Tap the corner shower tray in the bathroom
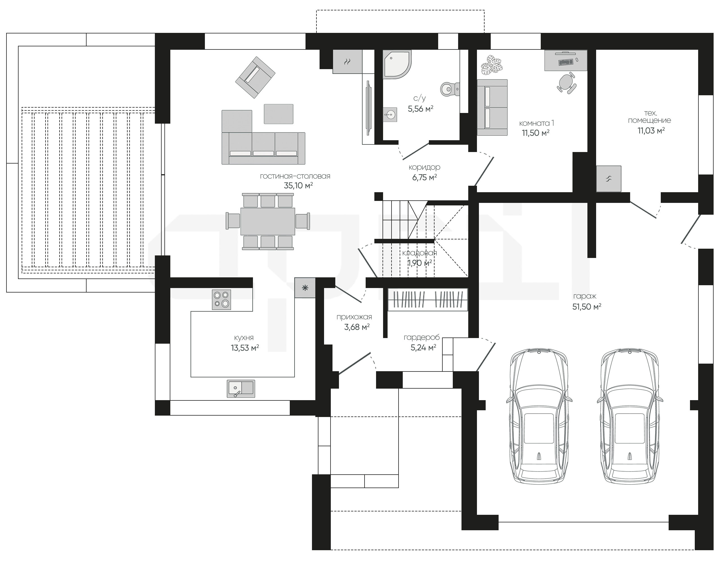tap(397, 65)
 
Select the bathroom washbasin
tap(390, 115)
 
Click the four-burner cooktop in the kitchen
tap(221, 300)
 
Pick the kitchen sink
tap(241, 389)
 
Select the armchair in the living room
tap(255, 77)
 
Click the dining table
tap(268, 221)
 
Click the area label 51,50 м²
tap(587, 307)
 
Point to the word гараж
tap(585, 296)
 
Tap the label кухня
tap(244, 338)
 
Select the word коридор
tap(424, 167)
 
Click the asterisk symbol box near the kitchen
tap(305, 288)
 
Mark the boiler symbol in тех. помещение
tap(609, 179)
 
